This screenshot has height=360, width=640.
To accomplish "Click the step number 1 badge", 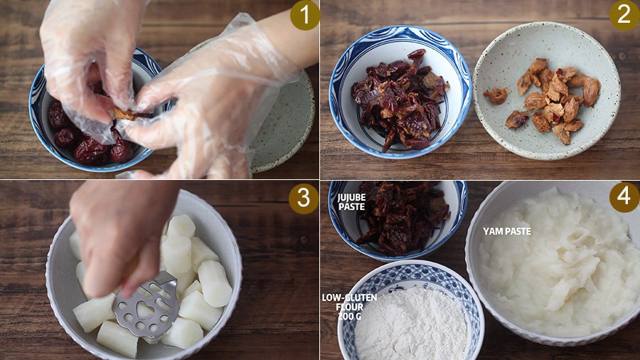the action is [x=305, y=16].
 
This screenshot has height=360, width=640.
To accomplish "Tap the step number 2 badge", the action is [x=624, y=16].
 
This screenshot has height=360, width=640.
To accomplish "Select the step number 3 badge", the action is [x=303, y=198].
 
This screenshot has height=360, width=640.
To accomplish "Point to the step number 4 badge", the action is [x=624, y=197].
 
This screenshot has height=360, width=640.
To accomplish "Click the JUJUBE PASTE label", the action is [x=351, y=202].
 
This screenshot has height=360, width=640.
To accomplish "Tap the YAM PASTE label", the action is [x=507, y=231].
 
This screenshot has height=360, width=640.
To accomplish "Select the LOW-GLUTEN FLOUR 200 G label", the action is [x=349, y=307].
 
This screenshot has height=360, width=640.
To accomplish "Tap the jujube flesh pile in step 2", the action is [x=400, y=100].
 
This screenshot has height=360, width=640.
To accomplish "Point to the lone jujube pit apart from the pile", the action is [x=496, y=95].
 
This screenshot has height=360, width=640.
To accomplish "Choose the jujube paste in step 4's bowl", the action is [x=402, y=216].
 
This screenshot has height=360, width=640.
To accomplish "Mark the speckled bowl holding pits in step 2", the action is [x=547, y=90].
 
